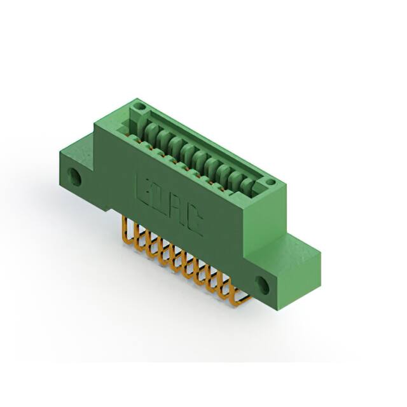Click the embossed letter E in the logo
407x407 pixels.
(x=143, y=187)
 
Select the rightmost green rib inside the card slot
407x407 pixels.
(x=249, y=180)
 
